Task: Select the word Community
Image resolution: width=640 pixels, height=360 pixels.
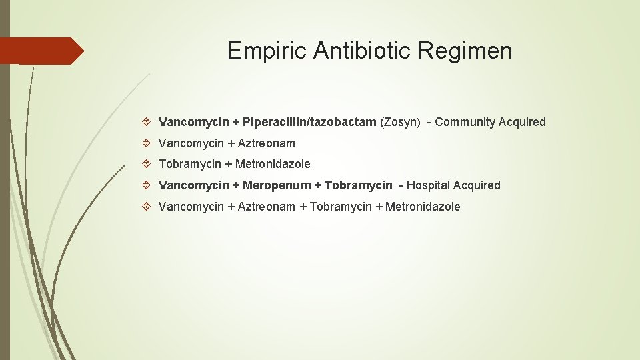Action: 465,122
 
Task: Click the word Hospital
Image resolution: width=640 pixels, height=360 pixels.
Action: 428,185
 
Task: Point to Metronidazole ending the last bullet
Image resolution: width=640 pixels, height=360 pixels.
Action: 423,207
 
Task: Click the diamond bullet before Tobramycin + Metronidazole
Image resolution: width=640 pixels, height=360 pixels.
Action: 148,164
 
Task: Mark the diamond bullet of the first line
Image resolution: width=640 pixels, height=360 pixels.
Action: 148,122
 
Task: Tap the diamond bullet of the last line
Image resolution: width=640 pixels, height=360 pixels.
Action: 148,207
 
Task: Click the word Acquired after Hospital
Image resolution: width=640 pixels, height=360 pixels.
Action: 477,185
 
